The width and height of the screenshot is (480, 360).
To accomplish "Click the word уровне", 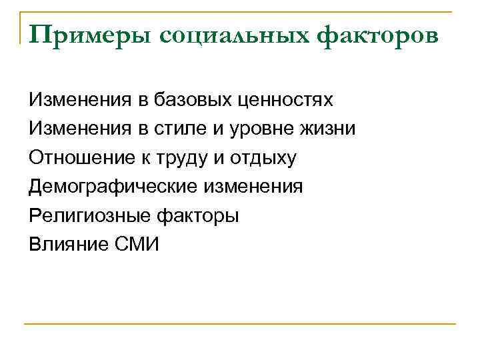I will point(264,129).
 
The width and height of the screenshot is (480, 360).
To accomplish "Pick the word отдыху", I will point(263,158).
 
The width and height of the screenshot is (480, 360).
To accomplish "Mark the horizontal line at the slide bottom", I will point(240,323).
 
